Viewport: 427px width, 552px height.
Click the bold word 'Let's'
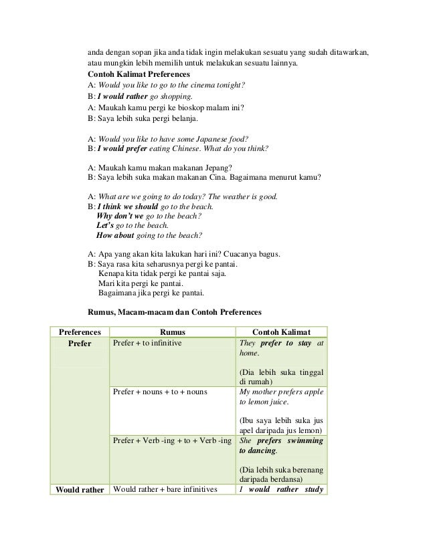(106, 227)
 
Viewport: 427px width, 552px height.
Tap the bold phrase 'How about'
(116, 236)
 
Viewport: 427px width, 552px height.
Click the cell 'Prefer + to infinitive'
(147, 343)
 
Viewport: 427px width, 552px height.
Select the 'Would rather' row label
(80, 489)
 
